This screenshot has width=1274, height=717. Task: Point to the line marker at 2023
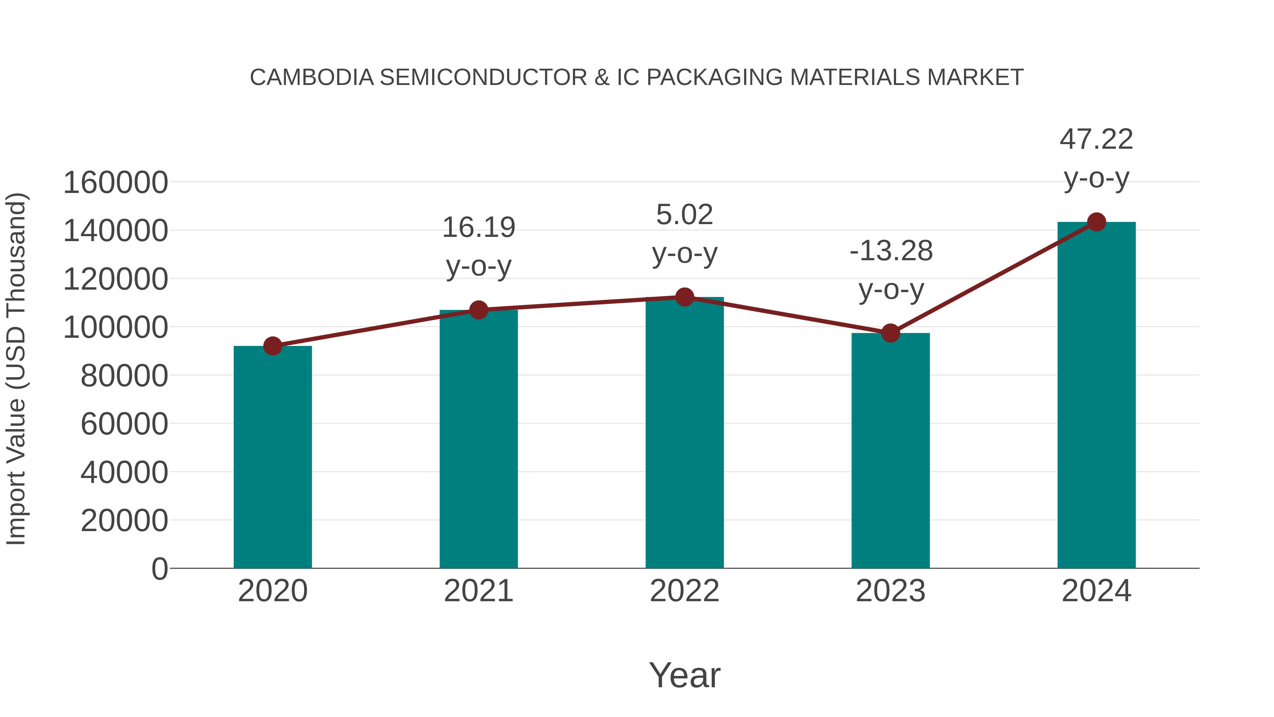[x=890, y=333]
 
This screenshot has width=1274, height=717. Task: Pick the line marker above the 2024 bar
[x=1096, y=222]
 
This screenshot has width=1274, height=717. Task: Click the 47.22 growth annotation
[x=1096, y=140]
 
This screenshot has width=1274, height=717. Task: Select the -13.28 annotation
[x=891, y=251]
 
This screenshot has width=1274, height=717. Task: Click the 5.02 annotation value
[x=684, y=215]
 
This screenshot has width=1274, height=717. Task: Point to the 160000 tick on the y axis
[x=116, y=183]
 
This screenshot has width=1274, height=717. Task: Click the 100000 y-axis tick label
[x=116, y=328]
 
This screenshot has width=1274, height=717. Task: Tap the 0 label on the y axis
[x=159, y=569]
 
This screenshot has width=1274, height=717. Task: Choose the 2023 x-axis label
[x=890, y=591]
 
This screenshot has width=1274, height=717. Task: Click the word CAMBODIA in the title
[x=311, y=78]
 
